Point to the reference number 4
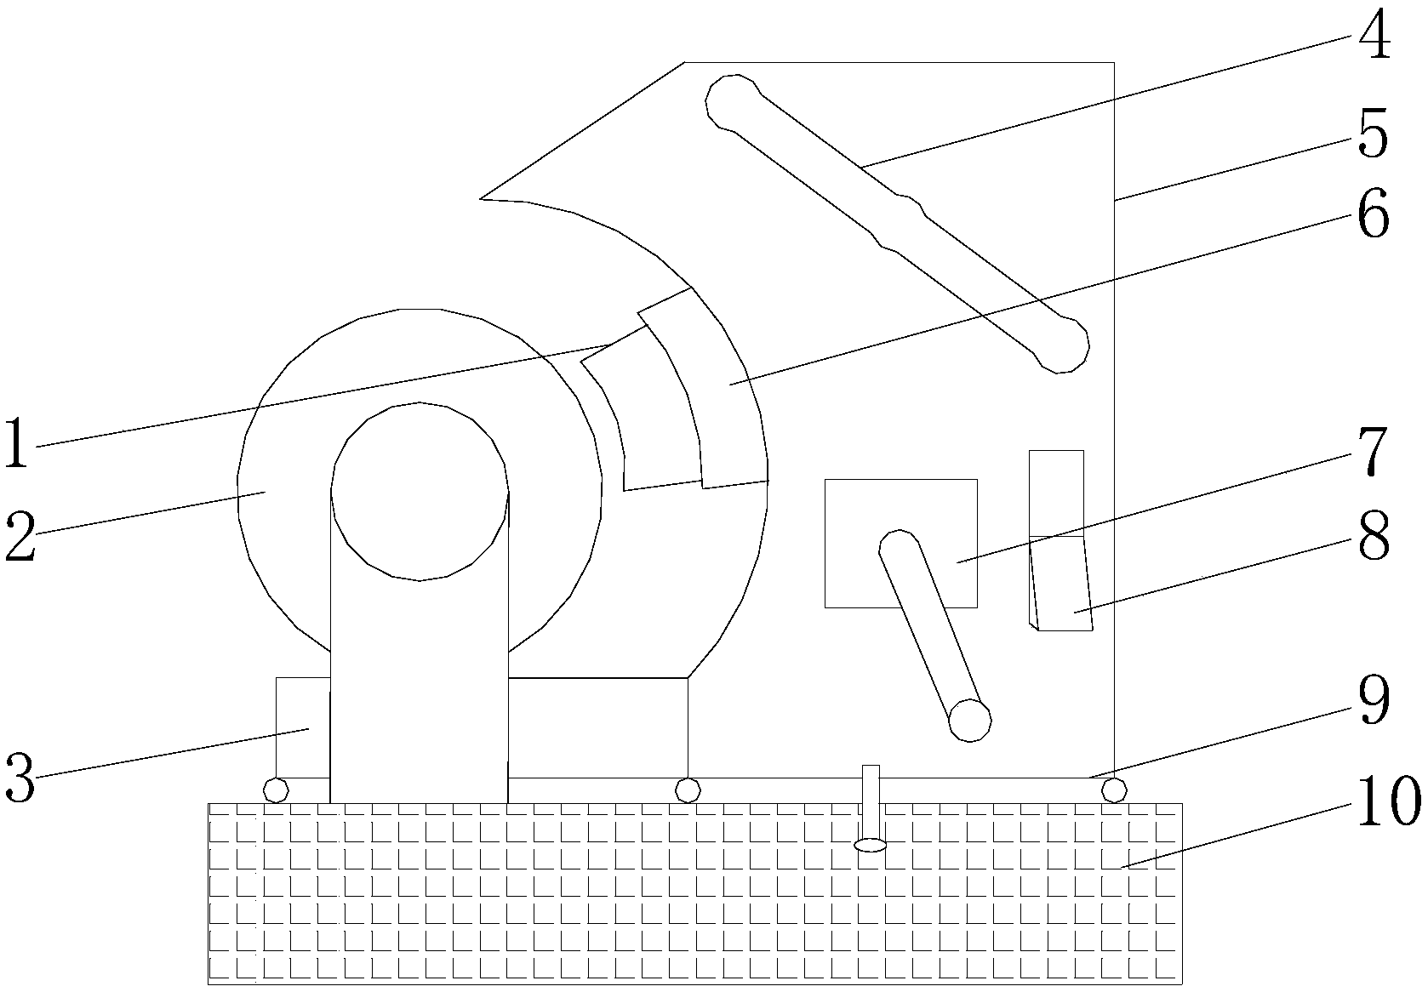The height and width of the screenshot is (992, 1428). pos(1371,36)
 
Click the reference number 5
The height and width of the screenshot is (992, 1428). pos(1371,134)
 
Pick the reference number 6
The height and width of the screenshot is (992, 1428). pos(1371,214)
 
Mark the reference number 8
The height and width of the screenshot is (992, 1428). pos(1371,536)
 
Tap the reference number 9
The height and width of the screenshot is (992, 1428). pos(1371,699)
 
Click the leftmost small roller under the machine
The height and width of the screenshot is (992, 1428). pos(275,790)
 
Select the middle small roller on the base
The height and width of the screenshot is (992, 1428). pos(687,790)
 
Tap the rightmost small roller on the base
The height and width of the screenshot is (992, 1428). pos(1113,790)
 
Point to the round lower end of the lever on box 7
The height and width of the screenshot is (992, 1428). pos(969,720)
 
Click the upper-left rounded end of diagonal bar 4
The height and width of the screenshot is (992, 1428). pos(730,101)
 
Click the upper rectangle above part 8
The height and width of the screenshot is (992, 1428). pos(1056,493)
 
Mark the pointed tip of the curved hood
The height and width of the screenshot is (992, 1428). pos(483,198)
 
